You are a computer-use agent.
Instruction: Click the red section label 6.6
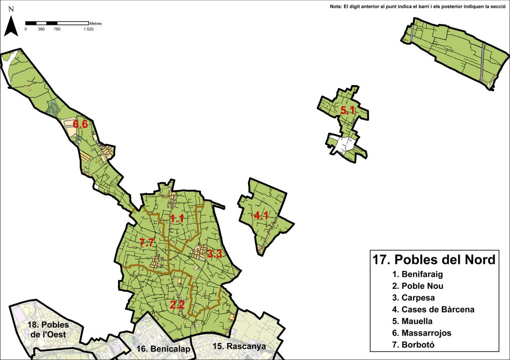click(81, 124)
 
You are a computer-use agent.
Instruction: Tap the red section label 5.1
click(348, 110)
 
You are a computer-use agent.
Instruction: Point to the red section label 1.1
click(177, 218)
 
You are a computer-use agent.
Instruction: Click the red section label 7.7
click(147, 242)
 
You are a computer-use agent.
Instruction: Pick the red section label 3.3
click(215, 254)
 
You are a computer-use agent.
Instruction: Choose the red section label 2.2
click(177, 305)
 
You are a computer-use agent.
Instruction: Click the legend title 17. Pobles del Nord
click(434, 260)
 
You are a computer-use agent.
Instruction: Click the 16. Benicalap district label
click(163, 349)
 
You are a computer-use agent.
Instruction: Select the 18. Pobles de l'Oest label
click(49, 329)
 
